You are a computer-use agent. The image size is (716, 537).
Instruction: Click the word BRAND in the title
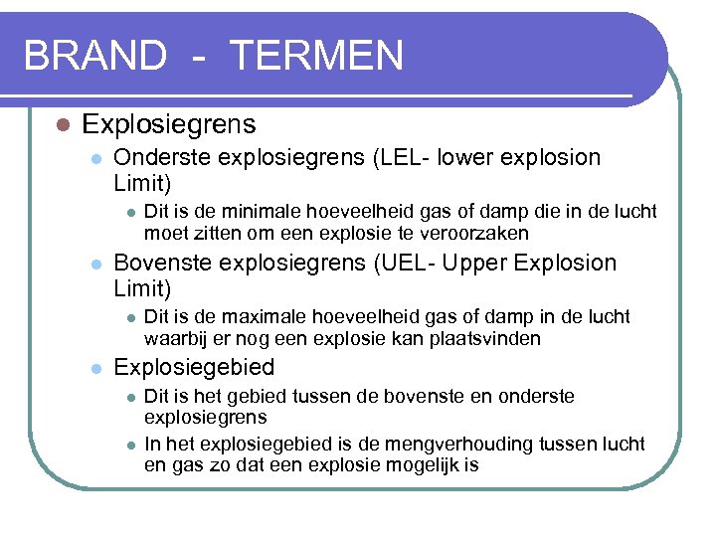click(x=94, y=55)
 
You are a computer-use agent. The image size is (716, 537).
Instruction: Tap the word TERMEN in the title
click(x=316, y=55)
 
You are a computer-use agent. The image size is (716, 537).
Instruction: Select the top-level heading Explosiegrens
click(x=168, y=124)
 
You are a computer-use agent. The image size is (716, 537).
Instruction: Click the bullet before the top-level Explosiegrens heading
click(x=62, y=125)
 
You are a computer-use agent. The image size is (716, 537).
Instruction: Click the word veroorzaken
click(x=478, y=233)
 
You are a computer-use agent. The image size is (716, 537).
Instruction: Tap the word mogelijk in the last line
click(x=416, y=463)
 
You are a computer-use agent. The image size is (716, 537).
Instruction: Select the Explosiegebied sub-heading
click(x=194, y=368)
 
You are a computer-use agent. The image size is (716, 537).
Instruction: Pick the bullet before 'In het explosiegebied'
click(x=129, y=445)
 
